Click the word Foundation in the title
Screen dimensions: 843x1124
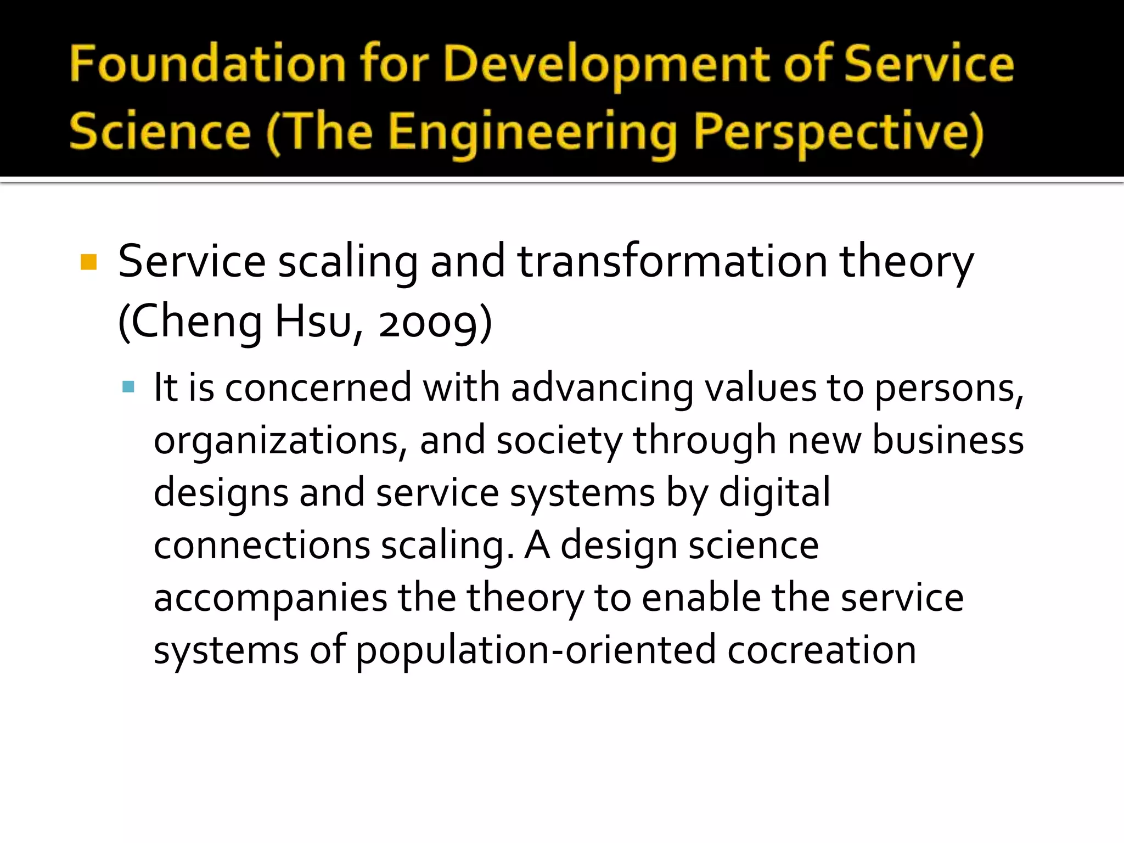207,65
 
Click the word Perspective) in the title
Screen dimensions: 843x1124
838,133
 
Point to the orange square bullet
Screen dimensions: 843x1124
88,262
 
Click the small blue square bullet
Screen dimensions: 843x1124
128,387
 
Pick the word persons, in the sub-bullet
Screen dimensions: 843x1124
949,389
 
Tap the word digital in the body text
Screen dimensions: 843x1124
774,493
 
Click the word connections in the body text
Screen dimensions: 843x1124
262,546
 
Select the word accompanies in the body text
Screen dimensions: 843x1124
270,598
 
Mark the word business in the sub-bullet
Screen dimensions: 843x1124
948,440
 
